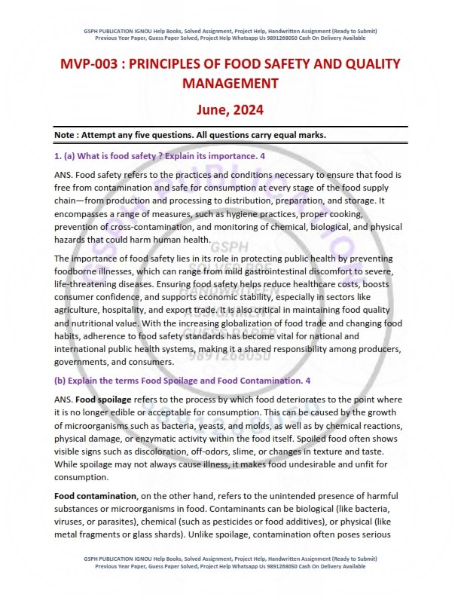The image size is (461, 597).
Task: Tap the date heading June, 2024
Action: [x=230, y=109]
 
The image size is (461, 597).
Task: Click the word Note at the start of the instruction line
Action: [x=66, y=135]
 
